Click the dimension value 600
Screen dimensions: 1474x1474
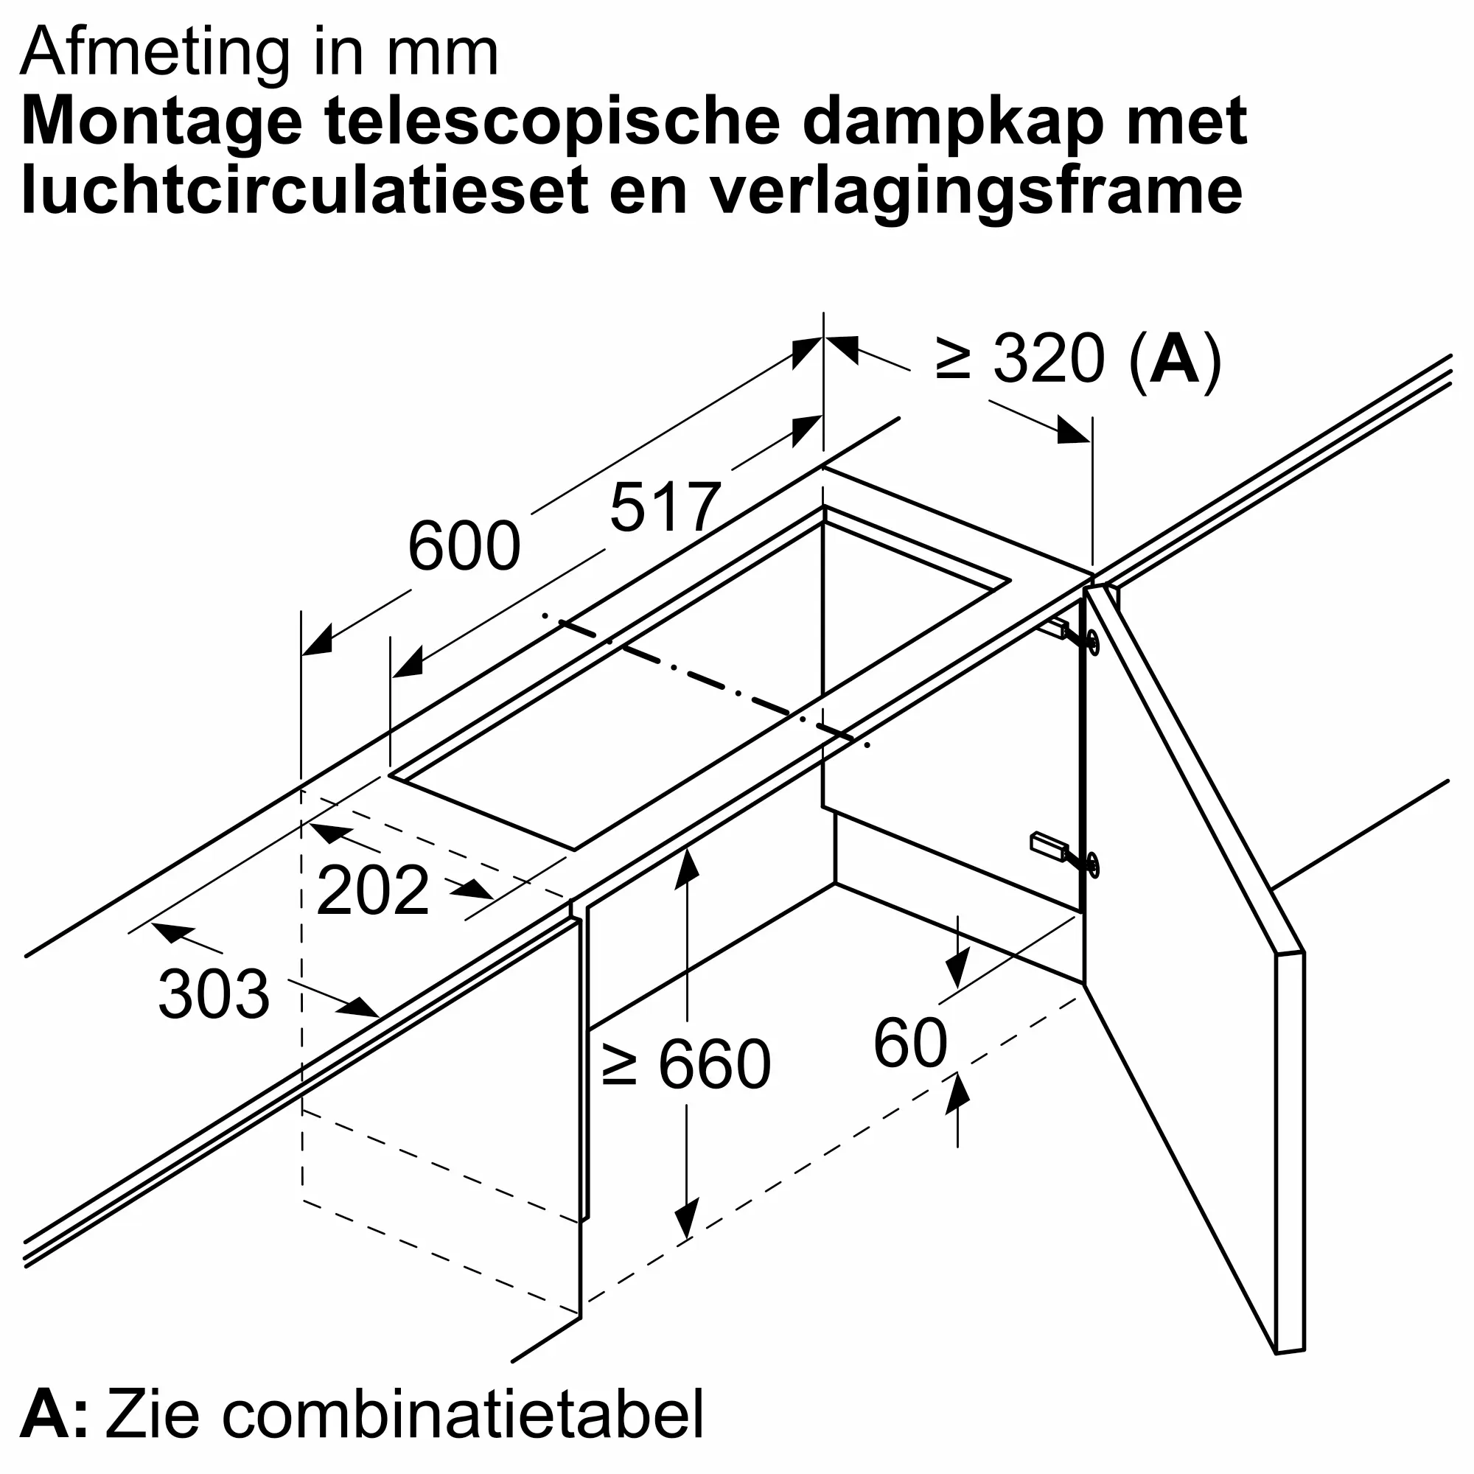coord(464,546)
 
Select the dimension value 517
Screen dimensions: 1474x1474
coord(665,507)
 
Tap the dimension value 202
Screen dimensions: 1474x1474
coord(372,890)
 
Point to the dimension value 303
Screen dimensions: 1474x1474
coord(214,994)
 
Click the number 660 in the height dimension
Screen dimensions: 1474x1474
coord(714,1064)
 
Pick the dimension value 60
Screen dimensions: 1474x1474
coord(909,1043)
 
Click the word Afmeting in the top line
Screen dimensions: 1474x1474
coord(155,53)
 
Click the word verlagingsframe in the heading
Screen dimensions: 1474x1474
coord(976,191)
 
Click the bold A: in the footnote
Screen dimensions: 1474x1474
coord(53,1414)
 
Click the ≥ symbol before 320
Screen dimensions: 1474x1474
coord(953,360)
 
